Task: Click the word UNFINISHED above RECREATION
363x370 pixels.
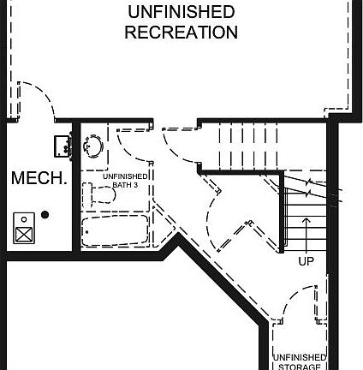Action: coord(181,12)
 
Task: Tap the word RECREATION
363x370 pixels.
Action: coord(181,33)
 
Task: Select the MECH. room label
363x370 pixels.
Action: coord(39,178)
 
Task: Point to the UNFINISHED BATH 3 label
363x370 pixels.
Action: coord(126,180)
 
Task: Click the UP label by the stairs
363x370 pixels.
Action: coord(306,261)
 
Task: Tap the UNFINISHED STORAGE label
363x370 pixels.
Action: coord(300,361)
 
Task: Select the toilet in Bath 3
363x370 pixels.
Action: coord(98,193)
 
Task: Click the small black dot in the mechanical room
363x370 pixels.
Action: coord(45,214)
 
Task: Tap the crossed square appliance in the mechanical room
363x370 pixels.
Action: coord(24,231)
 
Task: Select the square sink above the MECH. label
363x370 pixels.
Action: coord(62,146)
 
